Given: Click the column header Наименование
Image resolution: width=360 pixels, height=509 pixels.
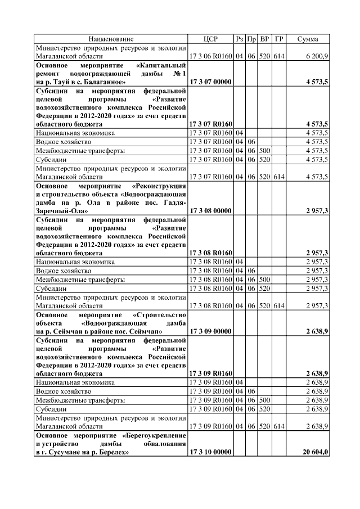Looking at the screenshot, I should [111, 39].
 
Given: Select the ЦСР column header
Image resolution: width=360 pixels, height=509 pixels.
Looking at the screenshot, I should [210, 39].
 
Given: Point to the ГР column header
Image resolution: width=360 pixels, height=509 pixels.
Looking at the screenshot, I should [279, 39].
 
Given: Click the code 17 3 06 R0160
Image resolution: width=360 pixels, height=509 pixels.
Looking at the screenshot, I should [211, 57].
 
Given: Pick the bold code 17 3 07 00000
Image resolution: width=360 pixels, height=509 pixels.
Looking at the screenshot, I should [211, 82].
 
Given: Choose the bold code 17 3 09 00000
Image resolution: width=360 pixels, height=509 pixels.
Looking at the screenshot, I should [211, 331].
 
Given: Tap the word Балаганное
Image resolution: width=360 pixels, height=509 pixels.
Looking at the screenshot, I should [108, 82].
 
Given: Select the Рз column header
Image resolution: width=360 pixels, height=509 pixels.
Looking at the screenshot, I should [240, 39].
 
